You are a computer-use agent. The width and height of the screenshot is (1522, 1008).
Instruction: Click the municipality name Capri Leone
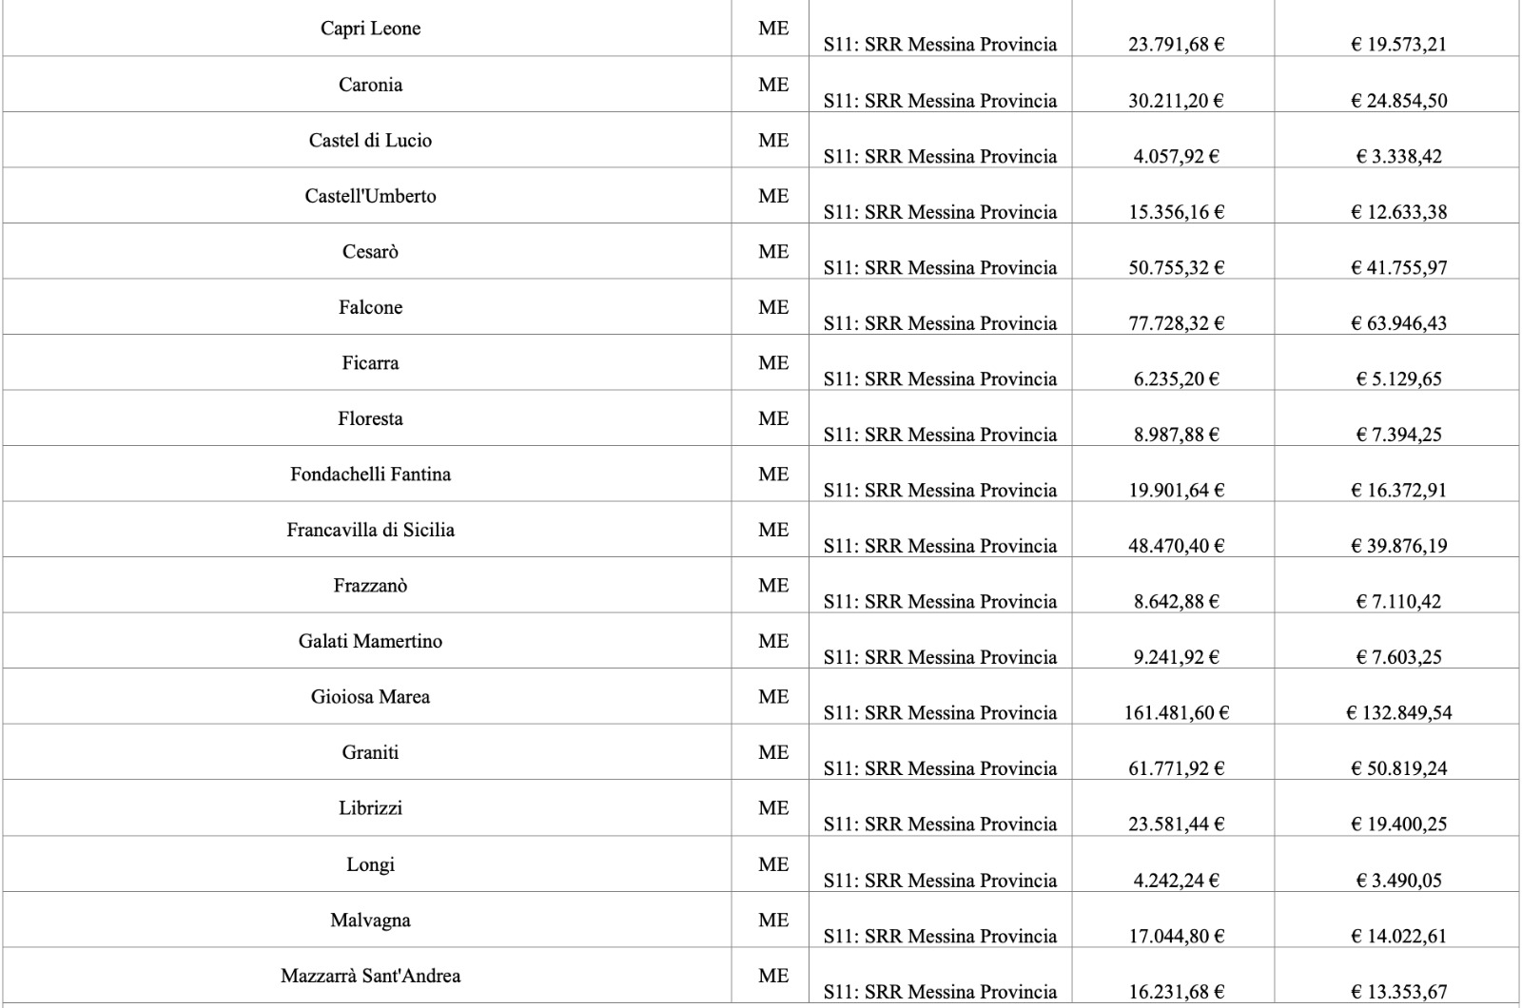[x=370, y=29]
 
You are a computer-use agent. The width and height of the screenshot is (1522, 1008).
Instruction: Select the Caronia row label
[x=370, y=85]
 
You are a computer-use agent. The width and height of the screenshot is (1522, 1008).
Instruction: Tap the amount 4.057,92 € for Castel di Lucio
[x=1176, y=156]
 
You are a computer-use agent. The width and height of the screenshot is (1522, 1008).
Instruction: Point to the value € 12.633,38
[x=1398, y=212]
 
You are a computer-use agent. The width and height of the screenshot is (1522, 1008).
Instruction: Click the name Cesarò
[x=370, y=252]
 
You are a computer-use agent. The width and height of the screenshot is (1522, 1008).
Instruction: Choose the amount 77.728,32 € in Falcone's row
[x=1176, y=323]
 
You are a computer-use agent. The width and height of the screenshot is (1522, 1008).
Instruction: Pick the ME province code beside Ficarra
[x=773, y=363]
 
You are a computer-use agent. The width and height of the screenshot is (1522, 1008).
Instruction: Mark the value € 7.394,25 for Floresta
[x=1398, y=435]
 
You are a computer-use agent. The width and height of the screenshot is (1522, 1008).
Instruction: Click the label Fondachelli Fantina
[x=370, y=474]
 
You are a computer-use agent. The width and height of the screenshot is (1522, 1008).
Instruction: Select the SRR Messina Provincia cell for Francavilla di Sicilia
[x=940, y=546]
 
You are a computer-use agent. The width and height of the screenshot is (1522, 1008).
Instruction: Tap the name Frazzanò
[x=370, y=586]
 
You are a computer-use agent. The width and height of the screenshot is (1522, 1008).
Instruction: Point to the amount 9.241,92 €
[x=1176, y=657]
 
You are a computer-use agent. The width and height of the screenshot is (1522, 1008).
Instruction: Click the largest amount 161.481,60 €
[x=1176, y=712]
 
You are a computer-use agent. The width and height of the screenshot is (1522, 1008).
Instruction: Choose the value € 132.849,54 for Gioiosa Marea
[x=1398, y=712]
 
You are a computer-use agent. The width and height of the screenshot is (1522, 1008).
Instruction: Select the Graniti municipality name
[x=370, y=752]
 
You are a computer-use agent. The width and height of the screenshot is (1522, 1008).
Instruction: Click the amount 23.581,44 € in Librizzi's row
[x=1176, y=824]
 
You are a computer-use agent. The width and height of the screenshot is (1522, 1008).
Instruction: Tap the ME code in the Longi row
[x=773, y=864]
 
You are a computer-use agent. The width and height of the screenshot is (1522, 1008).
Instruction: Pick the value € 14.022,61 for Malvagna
[x=1398, y=936]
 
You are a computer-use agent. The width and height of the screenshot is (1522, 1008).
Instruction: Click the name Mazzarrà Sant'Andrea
[x=370, y=976]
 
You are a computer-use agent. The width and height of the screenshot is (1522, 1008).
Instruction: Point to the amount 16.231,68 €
[x=1176, y=992]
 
